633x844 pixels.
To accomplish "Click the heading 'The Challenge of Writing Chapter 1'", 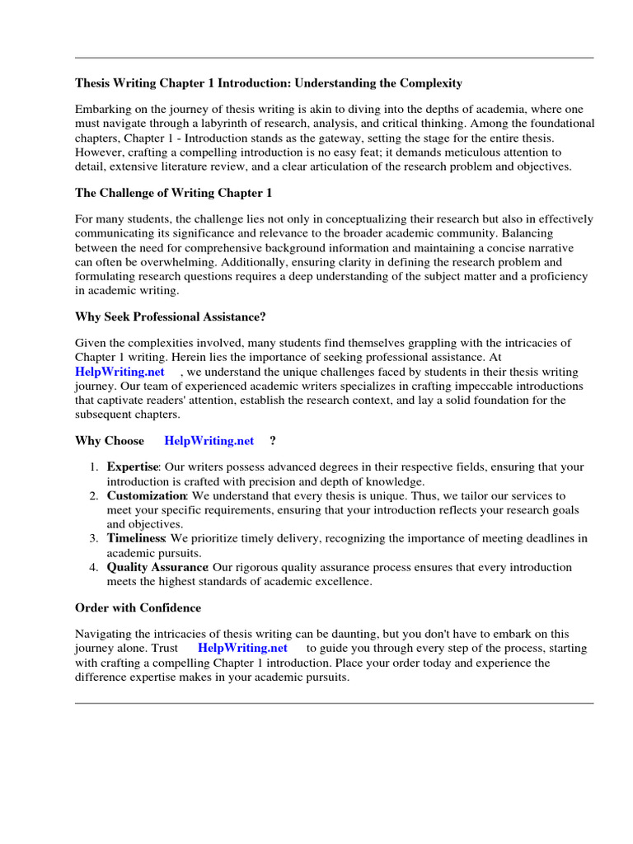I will [x=173, y=193].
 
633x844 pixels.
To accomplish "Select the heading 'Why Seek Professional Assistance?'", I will [x=170, y=316].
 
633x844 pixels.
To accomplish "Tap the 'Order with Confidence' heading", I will [x=138, y=607].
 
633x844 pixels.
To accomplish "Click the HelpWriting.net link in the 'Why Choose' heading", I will [x=209, y=441].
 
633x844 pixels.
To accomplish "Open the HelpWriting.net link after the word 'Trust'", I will [x=242, y=648].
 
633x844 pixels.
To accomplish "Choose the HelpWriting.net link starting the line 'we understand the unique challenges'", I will [x=120, y=372].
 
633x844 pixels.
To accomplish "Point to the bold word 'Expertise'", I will [x=132, y=467].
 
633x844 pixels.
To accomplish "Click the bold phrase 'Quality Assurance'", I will [x=157, y=567].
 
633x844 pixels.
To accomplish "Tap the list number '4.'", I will [x=94, y=567].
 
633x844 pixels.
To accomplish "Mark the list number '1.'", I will [x=94, y=467].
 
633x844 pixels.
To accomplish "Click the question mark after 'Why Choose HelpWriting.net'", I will [x=273, y=441].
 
